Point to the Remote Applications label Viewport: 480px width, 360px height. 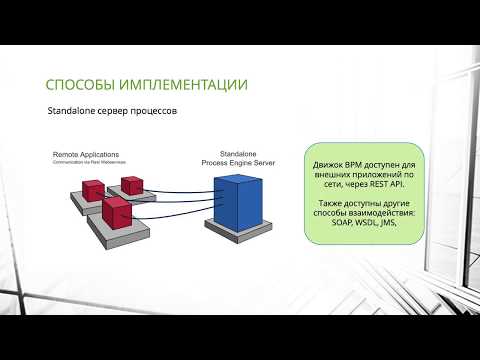[85, 155]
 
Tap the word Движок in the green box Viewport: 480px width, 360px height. [329, 162]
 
